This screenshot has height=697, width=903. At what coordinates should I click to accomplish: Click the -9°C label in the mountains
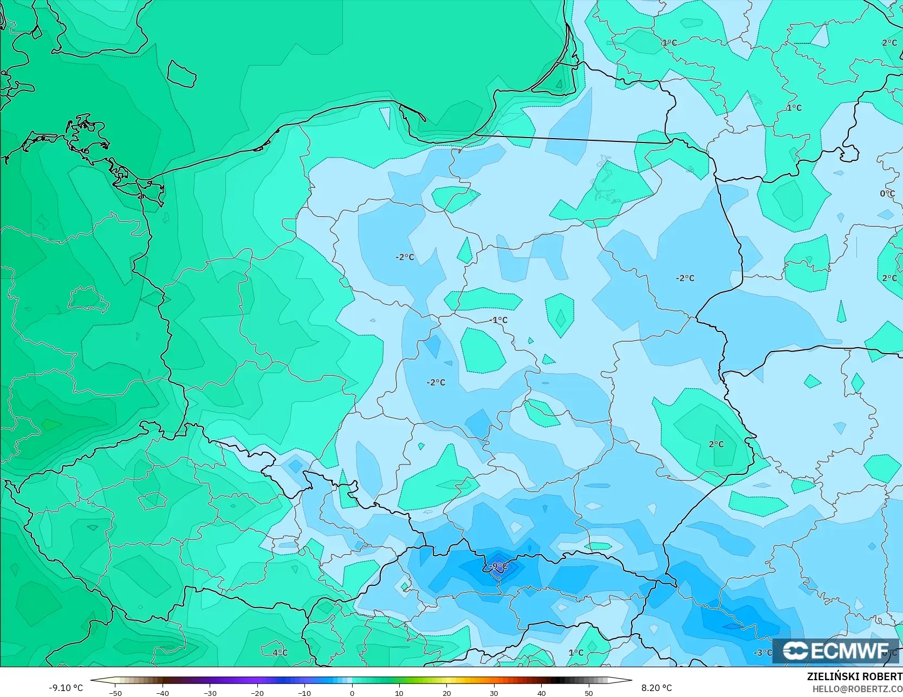pyautogui.click(x=498, y=566)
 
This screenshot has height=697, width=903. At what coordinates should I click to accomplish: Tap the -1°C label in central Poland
pyautogui.click(x=498, y=320)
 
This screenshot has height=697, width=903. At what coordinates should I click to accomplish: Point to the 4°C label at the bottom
pyautogui.click(x=280, y=653)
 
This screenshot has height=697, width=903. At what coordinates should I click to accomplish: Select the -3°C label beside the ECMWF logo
pyautogui.click(x=763, y=653)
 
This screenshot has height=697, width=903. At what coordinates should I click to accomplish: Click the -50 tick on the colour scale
pyautogui.click(x=115, y=693)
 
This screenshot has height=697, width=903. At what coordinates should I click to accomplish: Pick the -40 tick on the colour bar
pyautogui.click(x=163, y=693)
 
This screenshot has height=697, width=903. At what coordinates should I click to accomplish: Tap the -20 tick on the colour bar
pyautogui.click(x=257, y=693)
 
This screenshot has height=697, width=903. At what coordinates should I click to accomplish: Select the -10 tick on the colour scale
pyautogui.click(x=304, y=693)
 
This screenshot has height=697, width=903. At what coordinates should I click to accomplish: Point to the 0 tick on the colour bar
pyautogui.click(x=352, y=693)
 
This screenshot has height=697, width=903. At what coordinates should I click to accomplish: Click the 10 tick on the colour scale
pyautogui.click(x=399, y=693)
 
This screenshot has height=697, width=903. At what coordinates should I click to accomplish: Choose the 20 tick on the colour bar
pyautogui.click(x=446, y=693)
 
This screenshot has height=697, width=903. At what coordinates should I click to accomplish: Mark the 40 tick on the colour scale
pyautogui.click(x=541, y=693)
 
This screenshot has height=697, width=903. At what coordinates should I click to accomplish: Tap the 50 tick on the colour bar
pyautogui.click(x=589, y=693)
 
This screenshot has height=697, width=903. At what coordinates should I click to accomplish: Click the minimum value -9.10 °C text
pyautogui.click(x=66, y=688)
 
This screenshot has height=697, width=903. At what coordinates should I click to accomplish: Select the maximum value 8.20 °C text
pyautogui.click(x=657, y=688)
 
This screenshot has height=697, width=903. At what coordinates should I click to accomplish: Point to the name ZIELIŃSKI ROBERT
pyautogui.click(x=854, y=677)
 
